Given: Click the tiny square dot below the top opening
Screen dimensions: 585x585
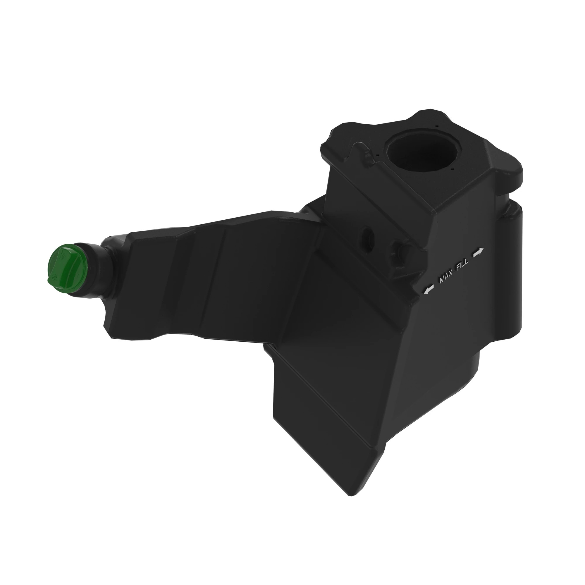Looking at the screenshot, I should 452,170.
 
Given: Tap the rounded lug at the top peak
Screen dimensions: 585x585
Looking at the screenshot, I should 430,113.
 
